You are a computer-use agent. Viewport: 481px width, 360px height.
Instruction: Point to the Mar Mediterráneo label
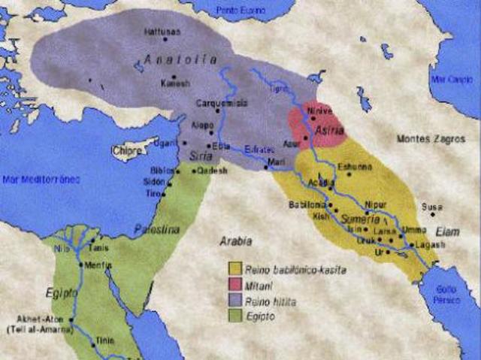point(41,179)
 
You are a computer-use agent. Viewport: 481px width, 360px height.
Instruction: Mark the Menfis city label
point(98,265)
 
